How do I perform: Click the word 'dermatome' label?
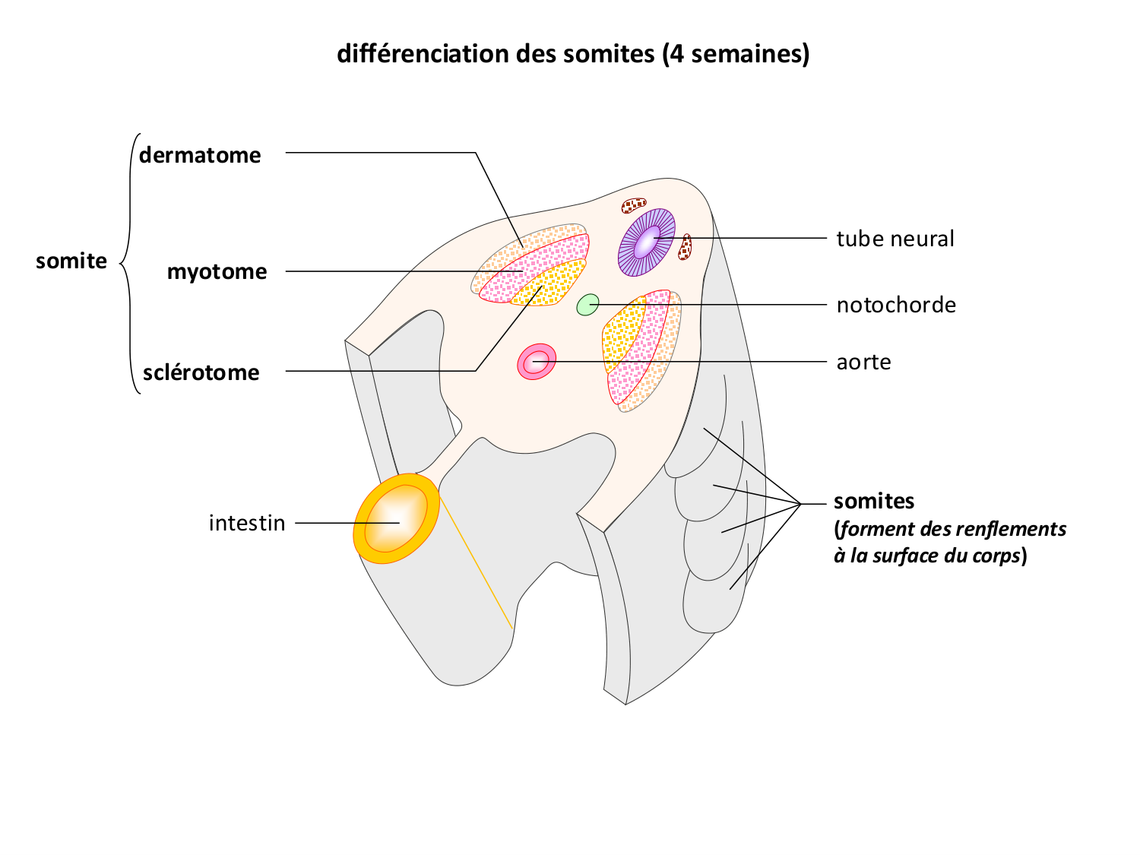click(x=200, y=155)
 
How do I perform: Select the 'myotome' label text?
click(x=217, y=272)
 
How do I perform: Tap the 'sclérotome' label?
click(x=201, y=372)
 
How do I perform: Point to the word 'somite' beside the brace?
click(x=71, y=261)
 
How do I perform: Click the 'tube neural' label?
click(x=895, y=239)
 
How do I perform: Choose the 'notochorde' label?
click(x=896, y=305)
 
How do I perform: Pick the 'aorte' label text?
click(x=863, y=362)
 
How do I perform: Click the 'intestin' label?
click(x=247, y=523)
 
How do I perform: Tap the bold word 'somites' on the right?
click(x=874, y=501)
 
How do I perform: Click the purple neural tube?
click(x=647, y=242)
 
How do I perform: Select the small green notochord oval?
click(x=587, y=305)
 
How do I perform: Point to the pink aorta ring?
click(x=537, y=361)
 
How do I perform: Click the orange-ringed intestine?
click(x=396, y=519)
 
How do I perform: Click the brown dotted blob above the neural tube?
click(x=634, y=205)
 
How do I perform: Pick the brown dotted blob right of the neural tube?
click(x=685, y=247)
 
